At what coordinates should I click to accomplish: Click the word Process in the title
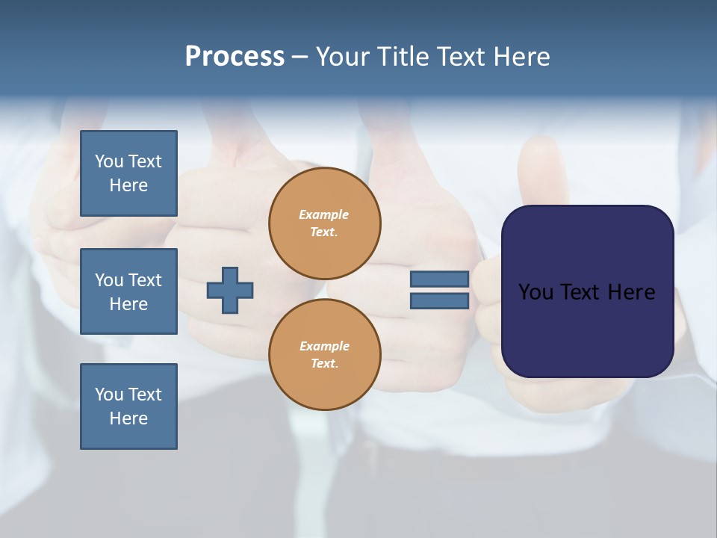click(x=235, y=57)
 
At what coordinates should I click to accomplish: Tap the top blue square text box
click(x=128, y=173)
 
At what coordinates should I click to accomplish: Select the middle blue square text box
click(x=128, y=291)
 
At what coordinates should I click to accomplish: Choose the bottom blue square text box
click(x=128, y=406)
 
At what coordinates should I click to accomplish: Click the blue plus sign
click(x=230, y=290)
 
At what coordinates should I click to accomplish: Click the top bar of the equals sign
click(x=439, y=279)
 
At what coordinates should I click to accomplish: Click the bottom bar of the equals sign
click(x=439, y=300)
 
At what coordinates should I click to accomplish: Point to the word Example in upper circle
click(x=323, y=214)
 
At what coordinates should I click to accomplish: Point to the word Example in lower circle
click(x=324, y=346)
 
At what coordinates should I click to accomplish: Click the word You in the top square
click(x=109, y=161)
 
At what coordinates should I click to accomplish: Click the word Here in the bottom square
click(x=128, y=418)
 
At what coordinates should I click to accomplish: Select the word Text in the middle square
click(x=145, y=280)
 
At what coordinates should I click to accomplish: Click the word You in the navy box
click(x=536, y=292)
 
